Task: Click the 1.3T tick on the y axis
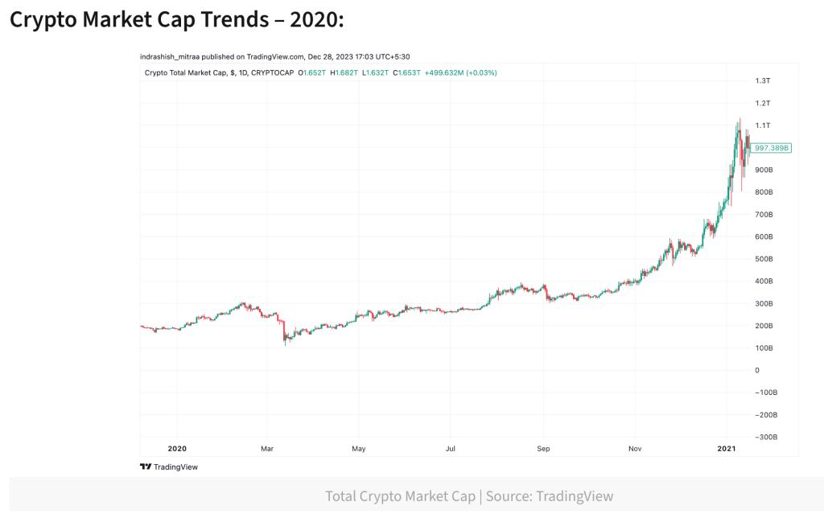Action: tap(762, 80)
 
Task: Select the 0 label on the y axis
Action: tap(756, 370)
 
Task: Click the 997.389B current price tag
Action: tap(772, 148)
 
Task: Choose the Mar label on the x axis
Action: tap(268, 448)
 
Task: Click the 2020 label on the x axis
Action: tap(176, 448)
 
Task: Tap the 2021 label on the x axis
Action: tap(727, 448)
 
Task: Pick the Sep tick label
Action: tap(543, 448)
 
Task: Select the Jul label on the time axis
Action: tap(451, 448)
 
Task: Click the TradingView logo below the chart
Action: tap(169, 467)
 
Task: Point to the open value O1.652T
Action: tap(312, 72)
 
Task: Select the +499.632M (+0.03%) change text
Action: tap(460, 72)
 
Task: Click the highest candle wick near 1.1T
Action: tap(739, 121)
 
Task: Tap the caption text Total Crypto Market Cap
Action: tap(400, 496)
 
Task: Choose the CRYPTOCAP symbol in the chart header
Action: tap(272, 72)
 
